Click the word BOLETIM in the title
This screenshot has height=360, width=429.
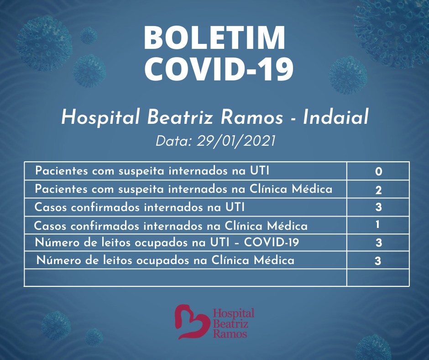pos(214,37)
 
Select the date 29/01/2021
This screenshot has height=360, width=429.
pos(235,141)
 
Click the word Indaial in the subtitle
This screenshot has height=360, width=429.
pos(336,117)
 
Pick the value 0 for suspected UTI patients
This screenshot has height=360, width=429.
pos(379,171)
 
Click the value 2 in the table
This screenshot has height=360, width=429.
pos(378,190)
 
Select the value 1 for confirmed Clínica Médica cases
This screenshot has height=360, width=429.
pos(377,225)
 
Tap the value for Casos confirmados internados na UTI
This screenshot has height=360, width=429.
pos(378,207)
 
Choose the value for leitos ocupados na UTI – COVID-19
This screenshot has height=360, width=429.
pos(379,243)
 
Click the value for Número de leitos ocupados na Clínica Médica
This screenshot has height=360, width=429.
pos(378,260)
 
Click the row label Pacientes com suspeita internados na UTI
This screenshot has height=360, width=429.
pos(152,171)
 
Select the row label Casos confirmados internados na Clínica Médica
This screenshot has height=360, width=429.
pos(171,226)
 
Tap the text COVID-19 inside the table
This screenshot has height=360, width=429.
pos(271,242)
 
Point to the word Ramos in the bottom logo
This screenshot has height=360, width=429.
pos(230,334)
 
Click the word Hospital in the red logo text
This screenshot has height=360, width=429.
pos(234,313)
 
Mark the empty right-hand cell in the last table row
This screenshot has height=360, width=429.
pos(378,277)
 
